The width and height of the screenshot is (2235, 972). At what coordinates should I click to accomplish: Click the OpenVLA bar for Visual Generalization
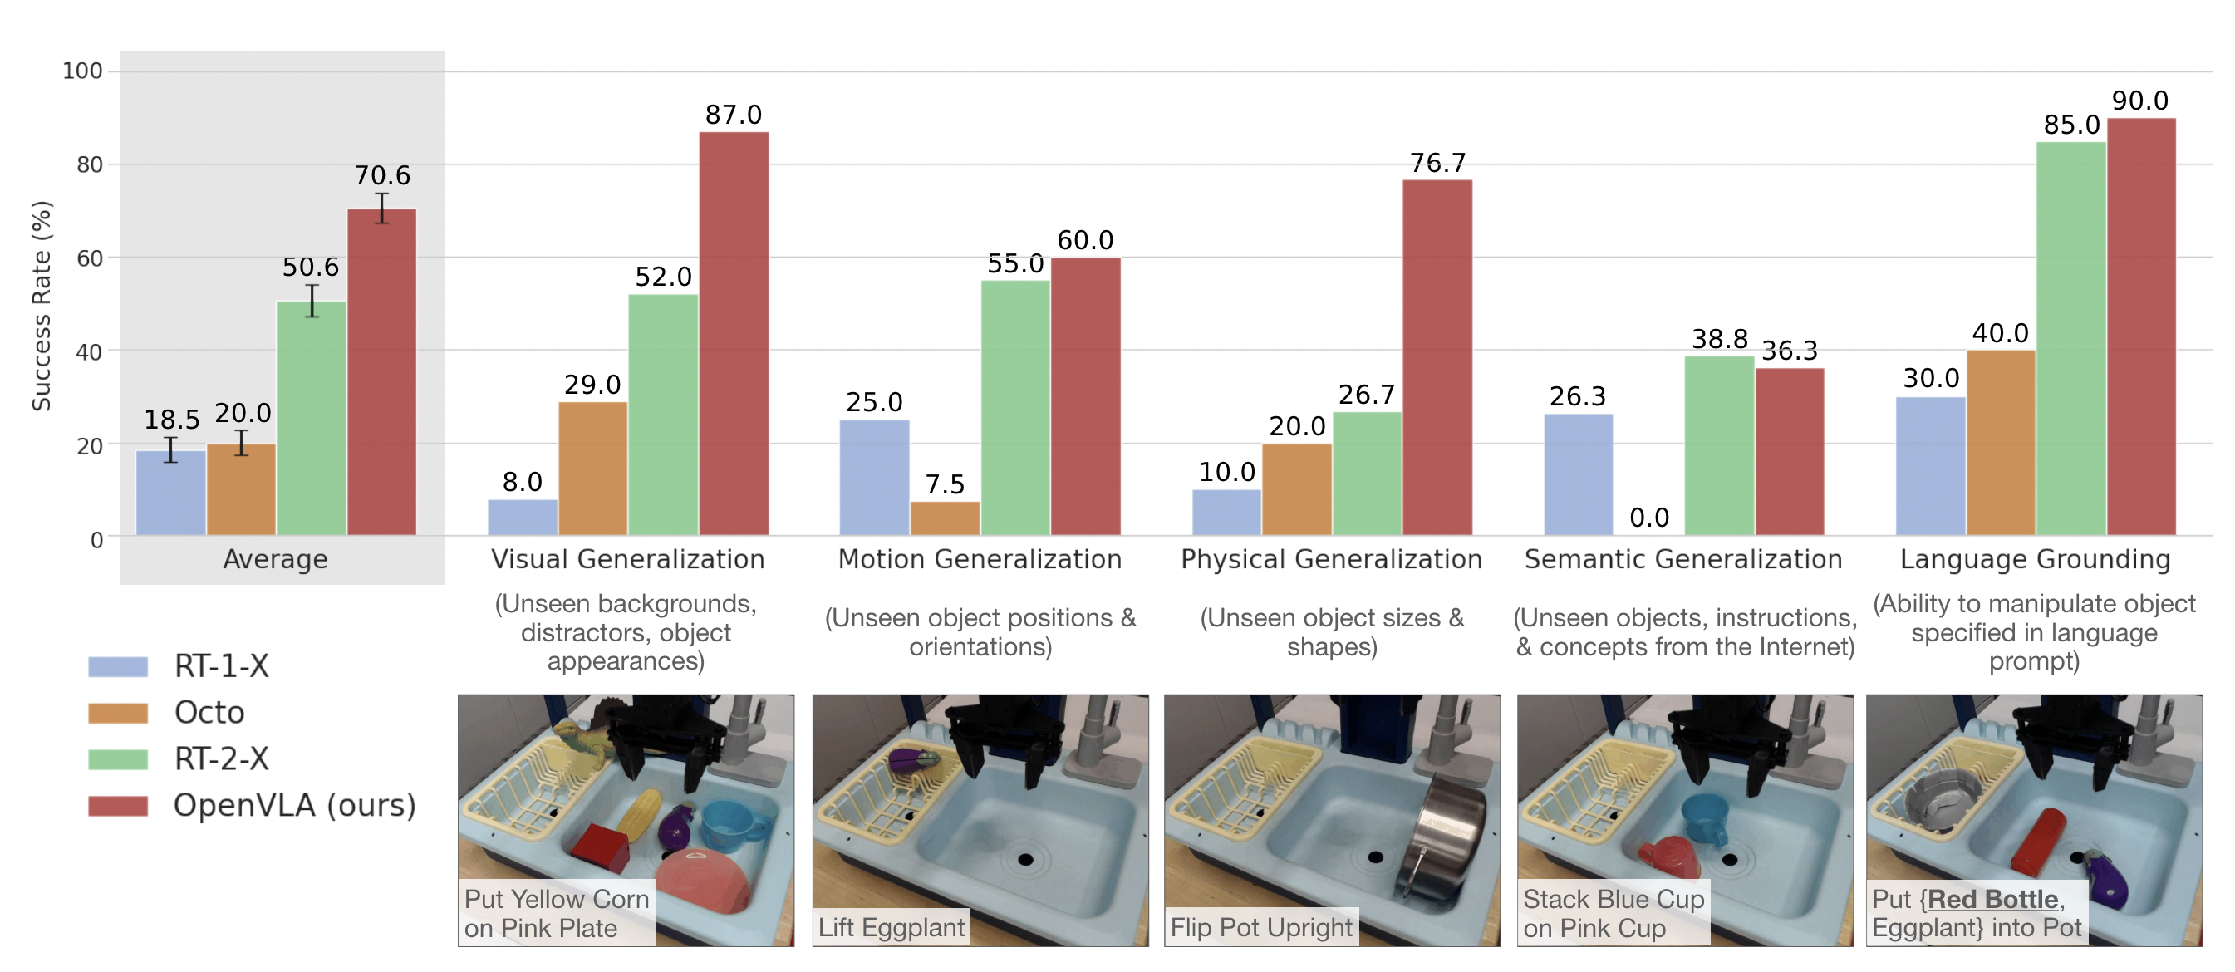coord(733,334)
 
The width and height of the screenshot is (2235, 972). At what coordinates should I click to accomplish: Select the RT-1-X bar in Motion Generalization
coord(874,478)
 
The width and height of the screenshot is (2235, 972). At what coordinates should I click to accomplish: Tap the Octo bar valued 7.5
coord(945,518)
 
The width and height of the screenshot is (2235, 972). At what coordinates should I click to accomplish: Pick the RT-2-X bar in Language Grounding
coord(2070,338)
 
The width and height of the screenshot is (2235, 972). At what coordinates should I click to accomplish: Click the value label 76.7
coord(1437,162)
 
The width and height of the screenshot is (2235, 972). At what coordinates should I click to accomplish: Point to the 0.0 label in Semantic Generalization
coord(1648,518)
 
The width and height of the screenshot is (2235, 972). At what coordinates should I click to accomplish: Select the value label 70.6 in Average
coord(381,175)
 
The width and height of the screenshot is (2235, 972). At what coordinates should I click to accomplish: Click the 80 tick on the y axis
coord(89,164)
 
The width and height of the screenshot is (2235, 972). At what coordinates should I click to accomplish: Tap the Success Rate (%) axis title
coord(42,306)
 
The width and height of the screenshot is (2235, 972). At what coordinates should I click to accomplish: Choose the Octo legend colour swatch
coord(118,713)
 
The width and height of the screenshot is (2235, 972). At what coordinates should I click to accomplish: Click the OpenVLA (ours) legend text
coord(294,805)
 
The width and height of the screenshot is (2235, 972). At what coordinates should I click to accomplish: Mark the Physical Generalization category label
coord(1331,560)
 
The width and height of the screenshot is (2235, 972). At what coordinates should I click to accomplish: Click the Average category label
coord(275,560)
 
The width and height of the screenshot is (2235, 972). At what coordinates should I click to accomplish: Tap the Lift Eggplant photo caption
coord(891,927)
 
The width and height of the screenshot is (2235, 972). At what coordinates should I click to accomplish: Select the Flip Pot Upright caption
coord(1260,927)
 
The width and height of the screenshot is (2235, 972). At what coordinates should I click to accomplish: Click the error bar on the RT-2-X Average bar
coord(312,300)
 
